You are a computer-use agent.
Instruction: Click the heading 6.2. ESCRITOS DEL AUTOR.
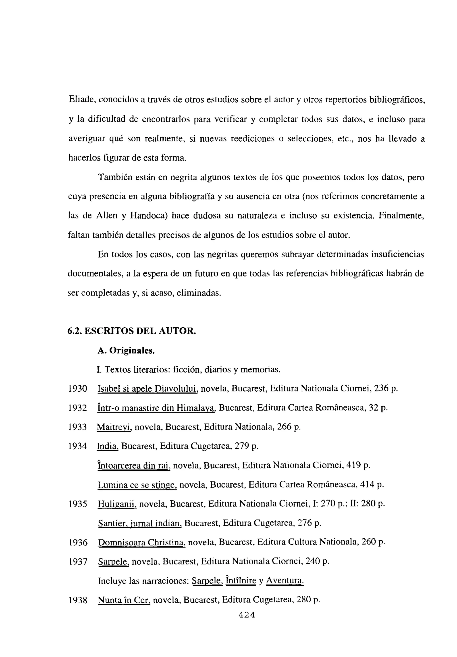point(132,331)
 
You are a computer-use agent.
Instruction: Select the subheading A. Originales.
point(126,351)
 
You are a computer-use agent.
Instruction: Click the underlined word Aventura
point(285,581)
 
